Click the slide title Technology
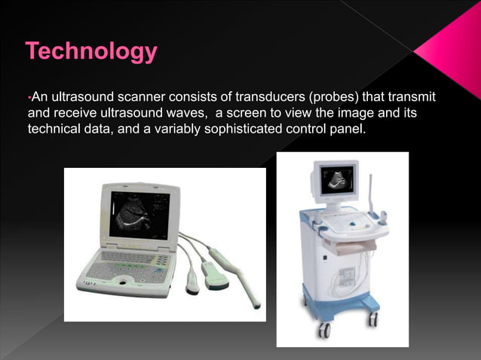click(91, 52)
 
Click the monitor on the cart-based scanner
click(339, 181)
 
